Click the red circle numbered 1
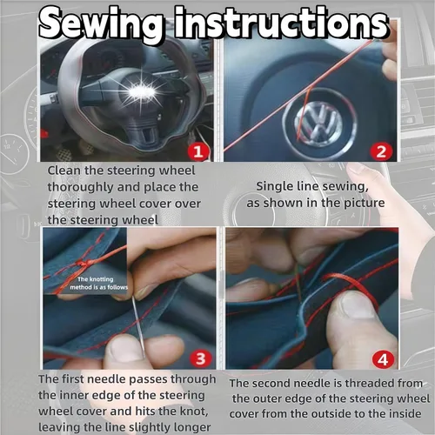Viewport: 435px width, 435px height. pyautogui.click(x=198, y=151)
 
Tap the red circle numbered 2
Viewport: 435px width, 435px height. pyautogui.click(x=381, y=151)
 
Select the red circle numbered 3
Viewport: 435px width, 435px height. pyautogui.click(x=201, y=358)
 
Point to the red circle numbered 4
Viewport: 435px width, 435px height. pyautogui.click(x=383, y=360)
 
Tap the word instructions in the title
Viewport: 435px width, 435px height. pyautogui.click(x=281, y=23)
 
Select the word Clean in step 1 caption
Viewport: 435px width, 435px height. pyautogui.click(x=64, y=171)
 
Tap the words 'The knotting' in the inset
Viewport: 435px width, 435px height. pyautogui.click(x=96, y=279)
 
